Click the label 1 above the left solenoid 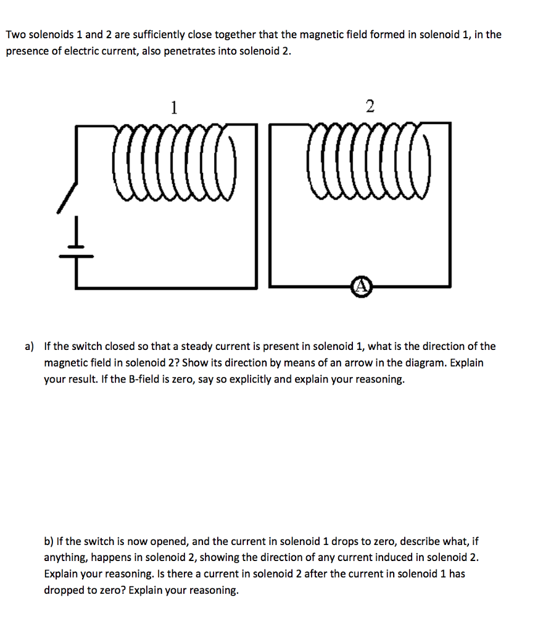click(x=175, y=108)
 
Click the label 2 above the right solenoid click(x=369, y=107)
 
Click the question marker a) click(x=30, y=346)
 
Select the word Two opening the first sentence click(x=16, y=35)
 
